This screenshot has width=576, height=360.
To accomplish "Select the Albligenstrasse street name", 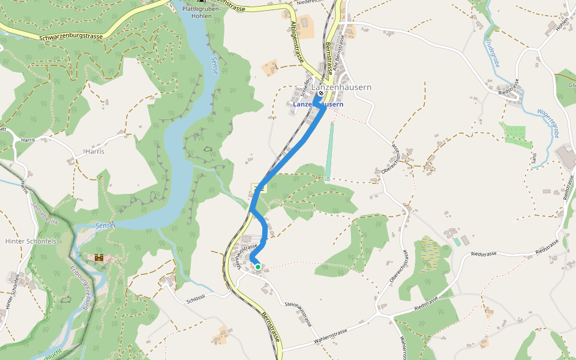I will coord(297,44).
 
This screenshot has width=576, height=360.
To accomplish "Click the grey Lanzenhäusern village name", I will coord(341,87).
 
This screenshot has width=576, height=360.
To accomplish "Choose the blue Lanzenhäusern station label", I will coord(318,104).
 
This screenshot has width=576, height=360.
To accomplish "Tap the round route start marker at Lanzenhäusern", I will coord(320,94).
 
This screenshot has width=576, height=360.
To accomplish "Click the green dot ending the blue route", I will coord(257,266).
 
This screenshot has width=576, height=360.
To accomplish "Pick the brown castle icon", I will coord(99,257).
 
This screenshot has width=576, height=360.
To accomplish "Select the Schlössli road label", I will coord(196,297).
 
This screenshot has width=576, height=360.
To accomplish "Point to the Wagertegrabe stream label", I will coord(547,124).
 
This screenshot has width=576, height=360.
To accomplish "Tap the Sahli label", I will coord(533,158).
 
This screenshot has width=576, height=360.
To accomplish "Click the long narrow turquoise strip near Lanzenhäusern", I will coord(329,150).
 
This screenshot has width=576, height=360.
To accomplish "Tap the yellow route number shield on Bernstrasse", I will coord(259,188).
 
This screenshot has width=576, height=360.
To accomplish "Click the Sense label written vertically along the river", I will coord(215,65).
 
